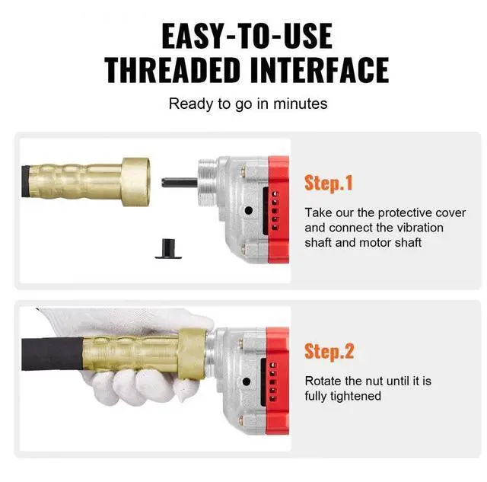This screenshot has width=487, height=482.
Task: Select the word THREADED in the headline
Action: click(x=173, y=69)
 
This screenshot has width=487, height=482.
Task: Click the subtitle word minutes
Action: click(x=300, y=104)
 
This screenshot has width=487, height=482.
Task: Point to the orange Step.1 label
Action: click(x=329, y=183)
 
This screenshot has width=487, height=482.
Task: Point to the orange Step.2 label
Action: click(x=329, y=351)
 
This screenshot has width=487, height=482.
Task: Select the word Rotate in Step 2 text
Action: click(x=321, y=381)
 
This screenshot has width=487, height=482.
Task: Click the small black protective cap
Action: click(x=168, y=248)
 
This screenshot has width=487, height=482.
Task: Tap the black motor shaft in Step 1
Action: click(x=180, y=183)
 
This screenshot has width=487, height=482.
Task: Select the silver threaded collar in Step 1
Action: click(x=207, y=181)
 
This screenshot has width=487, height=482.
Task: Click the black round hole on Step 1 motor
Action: click(x=249, y=211)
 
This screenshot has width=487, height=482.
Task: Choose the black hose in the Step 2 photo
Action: click(x=53, y=353)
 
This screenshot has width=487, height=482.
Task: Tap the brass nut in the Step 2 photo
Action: click(x=193, y=354)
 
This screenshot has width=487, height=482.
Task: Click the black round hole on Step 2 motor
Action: click(x=247, y=381)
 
